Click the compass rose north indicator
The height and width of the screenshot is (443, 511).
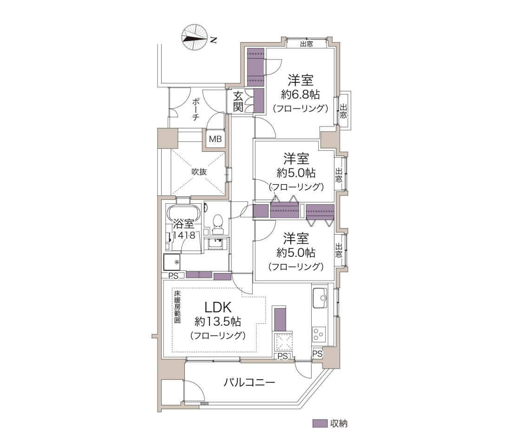tap(195, 37)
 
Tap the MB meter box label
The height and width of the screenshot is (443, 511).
tap(215, 139)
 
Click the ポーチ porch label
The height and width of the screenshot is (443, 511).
tap(196, 109)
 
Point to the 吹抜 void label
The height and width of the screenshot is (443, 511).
tap(199, 172)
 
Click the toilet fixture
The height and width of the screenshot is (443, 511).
tap(217, 224)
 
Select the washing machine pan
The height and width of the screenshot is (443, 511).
tap(172, 262)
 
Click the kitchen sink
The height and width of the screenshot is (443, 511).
tap(320, 298)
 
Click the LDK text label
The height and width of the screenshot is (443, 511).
tap(218, 307)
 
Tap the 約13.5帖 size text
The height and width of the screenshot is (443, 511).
tap(218, 322)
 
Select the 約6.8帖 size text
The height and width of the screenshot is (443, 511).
tap(300, 94)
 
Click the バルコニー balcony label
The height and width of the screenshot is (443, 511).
tap(249, 382)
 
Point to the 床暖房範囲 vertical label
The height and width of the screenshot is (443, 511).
tap(177, 307)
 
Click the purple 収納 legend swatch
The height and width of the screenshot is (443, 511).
tap(320, 423)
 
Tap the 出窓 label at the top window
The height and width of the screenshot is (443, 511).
tap(306, 44)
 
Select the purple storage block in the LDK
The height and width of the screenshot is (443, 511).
tap(280, 319)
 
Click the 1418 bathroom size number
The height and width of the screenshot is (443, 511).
tap(184, 235)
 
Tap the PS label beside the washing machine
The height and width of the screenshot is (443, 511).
tap(173, 276)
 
